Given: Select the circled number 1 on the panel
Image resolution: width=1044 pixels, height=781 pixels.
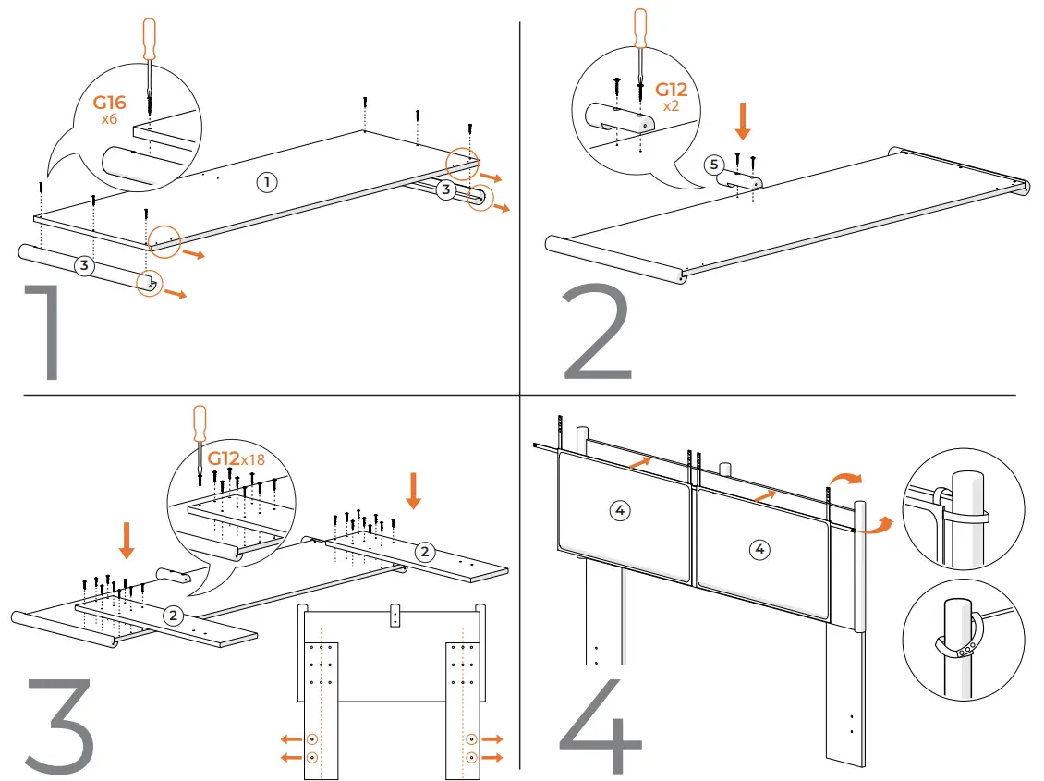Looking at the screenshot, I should [266, 182].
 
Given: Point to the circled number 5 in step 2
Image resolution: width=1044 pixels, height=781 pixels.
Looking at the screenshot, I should [712, 165].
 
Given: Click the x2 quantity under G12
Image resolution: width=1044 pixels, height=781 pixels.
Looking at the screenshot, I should [672, 106].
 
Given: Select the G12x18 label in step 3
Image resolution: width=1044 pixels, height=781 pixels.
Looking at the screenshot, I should [236, 459].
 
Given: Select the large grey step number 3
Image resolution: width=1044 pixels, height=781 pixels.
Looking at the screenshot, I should [58, 726].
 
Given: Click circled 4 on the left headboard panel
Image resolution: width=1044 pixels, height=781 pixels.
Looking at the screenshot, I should [621, 509].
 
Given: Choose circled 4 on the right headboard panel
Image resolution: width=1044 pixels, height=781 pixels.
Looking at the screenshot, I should [759, 550].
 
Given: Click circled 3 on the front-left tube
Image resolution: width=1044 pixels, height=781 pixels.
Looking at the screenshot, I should [84, 265].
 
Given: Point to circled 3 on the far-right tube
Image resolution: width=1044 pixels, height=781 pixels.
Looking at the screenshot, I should [445, 190].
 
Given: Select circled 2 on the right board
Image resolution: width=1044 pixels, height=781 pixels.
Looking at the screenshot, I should [424, 552].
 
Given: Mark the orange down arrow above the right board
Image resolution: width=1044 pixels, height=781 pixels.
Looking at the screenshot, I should [413, 491].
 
